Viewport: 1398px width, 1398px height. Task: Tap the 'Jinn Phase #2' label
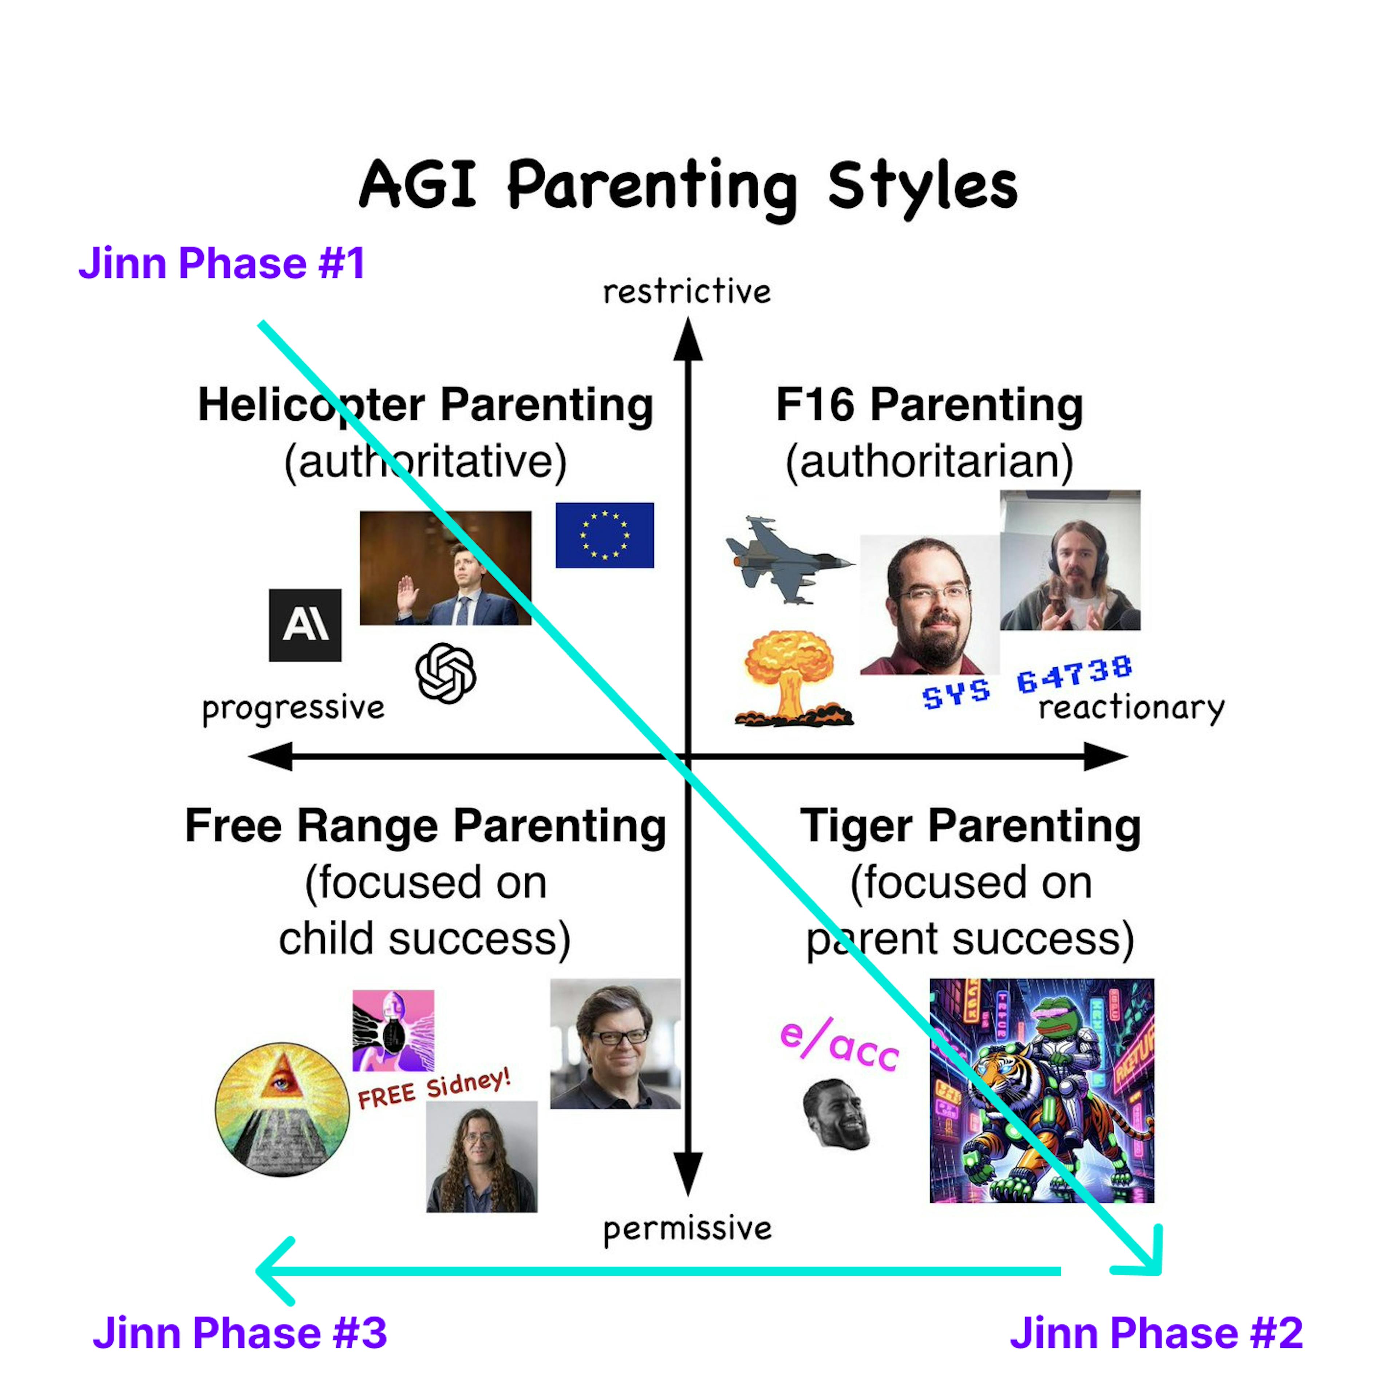1156,1333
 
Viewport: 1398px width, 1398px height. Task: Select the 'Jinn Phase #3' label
240,1333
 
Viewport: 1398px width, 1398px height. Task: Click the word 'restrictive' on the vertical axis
687,292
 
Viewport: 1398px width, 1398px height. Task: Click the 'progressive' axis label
293,708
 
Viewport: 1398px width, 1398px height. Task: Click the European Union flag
604,535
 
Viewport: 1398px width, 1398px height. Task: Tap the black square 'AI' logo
305,624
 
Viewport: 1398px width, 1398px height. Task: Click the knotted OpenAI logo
446,673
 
